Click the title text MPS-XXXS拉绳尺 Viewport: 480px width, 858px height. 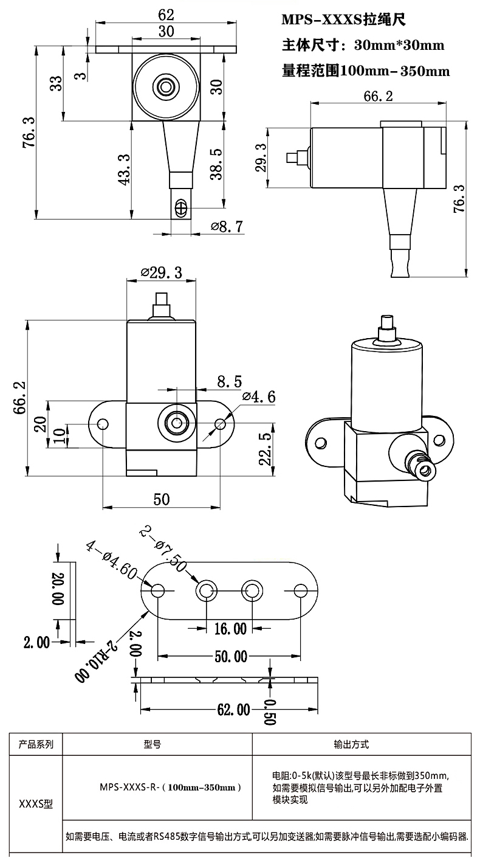coord(343,20)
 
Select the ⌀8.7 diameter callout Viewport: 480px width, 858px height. coord(227,227)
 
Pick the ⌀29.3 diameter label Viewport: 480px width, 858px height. coord(161,272)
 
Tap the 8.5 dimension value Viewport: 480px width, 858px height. coord(229,382)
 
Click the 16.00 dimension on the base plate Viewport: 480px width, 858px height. coord(230,628)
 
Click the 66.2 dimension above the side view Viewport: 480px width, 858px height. coord(378,95)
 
